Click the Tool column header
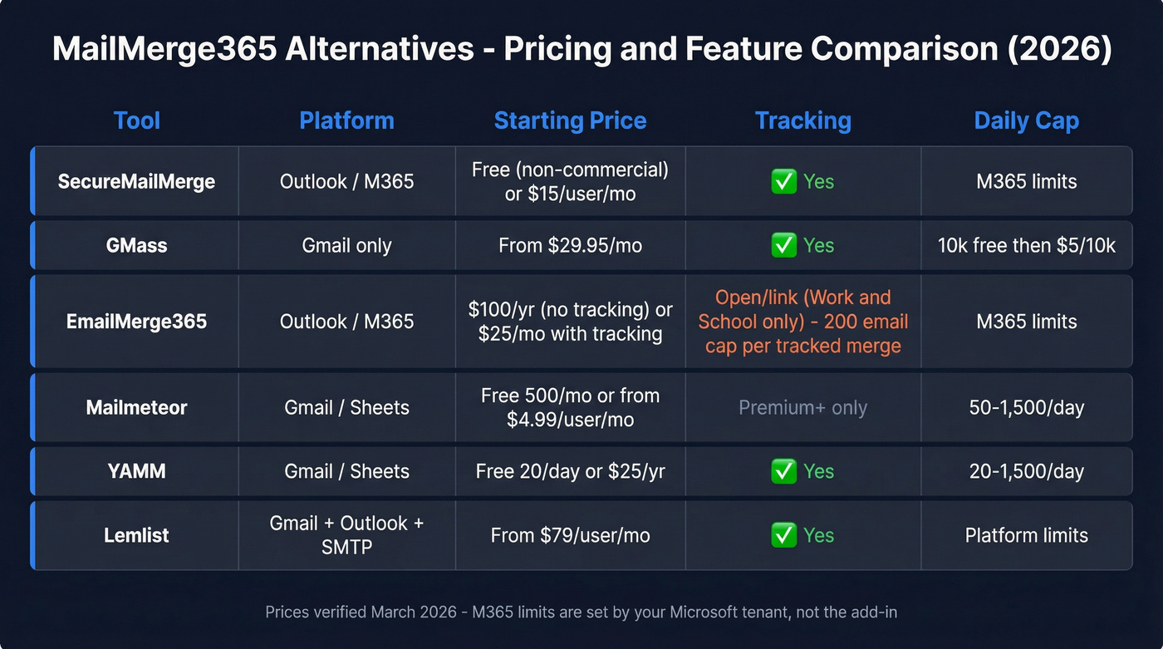(x=136, y=120)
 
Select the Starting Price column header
(x=570, y=120)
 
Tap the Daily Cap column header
(x=1026, y=120)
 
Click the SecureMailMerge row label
(x=136, y=181)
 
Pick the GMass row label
(x=136, y=245)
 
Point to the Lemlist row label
(x=136, y=535)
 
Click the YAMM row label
(x=136, y=471)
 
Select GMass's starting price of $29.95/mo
(x=570, y=245)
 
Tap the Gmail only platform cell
(x=346, y=245)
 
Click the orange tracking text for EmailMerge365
(x=802, y=322)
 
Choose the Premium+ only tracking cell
(x=802, y=407)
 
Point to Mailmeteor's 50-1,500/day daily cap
(x=1026, y=407)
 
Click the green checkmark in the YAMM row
(x=783, y=471)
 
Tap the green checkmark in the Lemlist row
(x=783, y=535)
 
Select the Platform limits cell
(x=1026, y=535)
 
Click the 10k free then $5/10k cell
(x=1026, y=245)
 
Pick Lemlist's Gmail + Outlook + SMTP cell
(x=346, y=535)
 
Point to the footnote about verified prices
(x=581, y=612)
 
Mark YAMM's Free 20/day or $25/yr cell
(x=570, y=471)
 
